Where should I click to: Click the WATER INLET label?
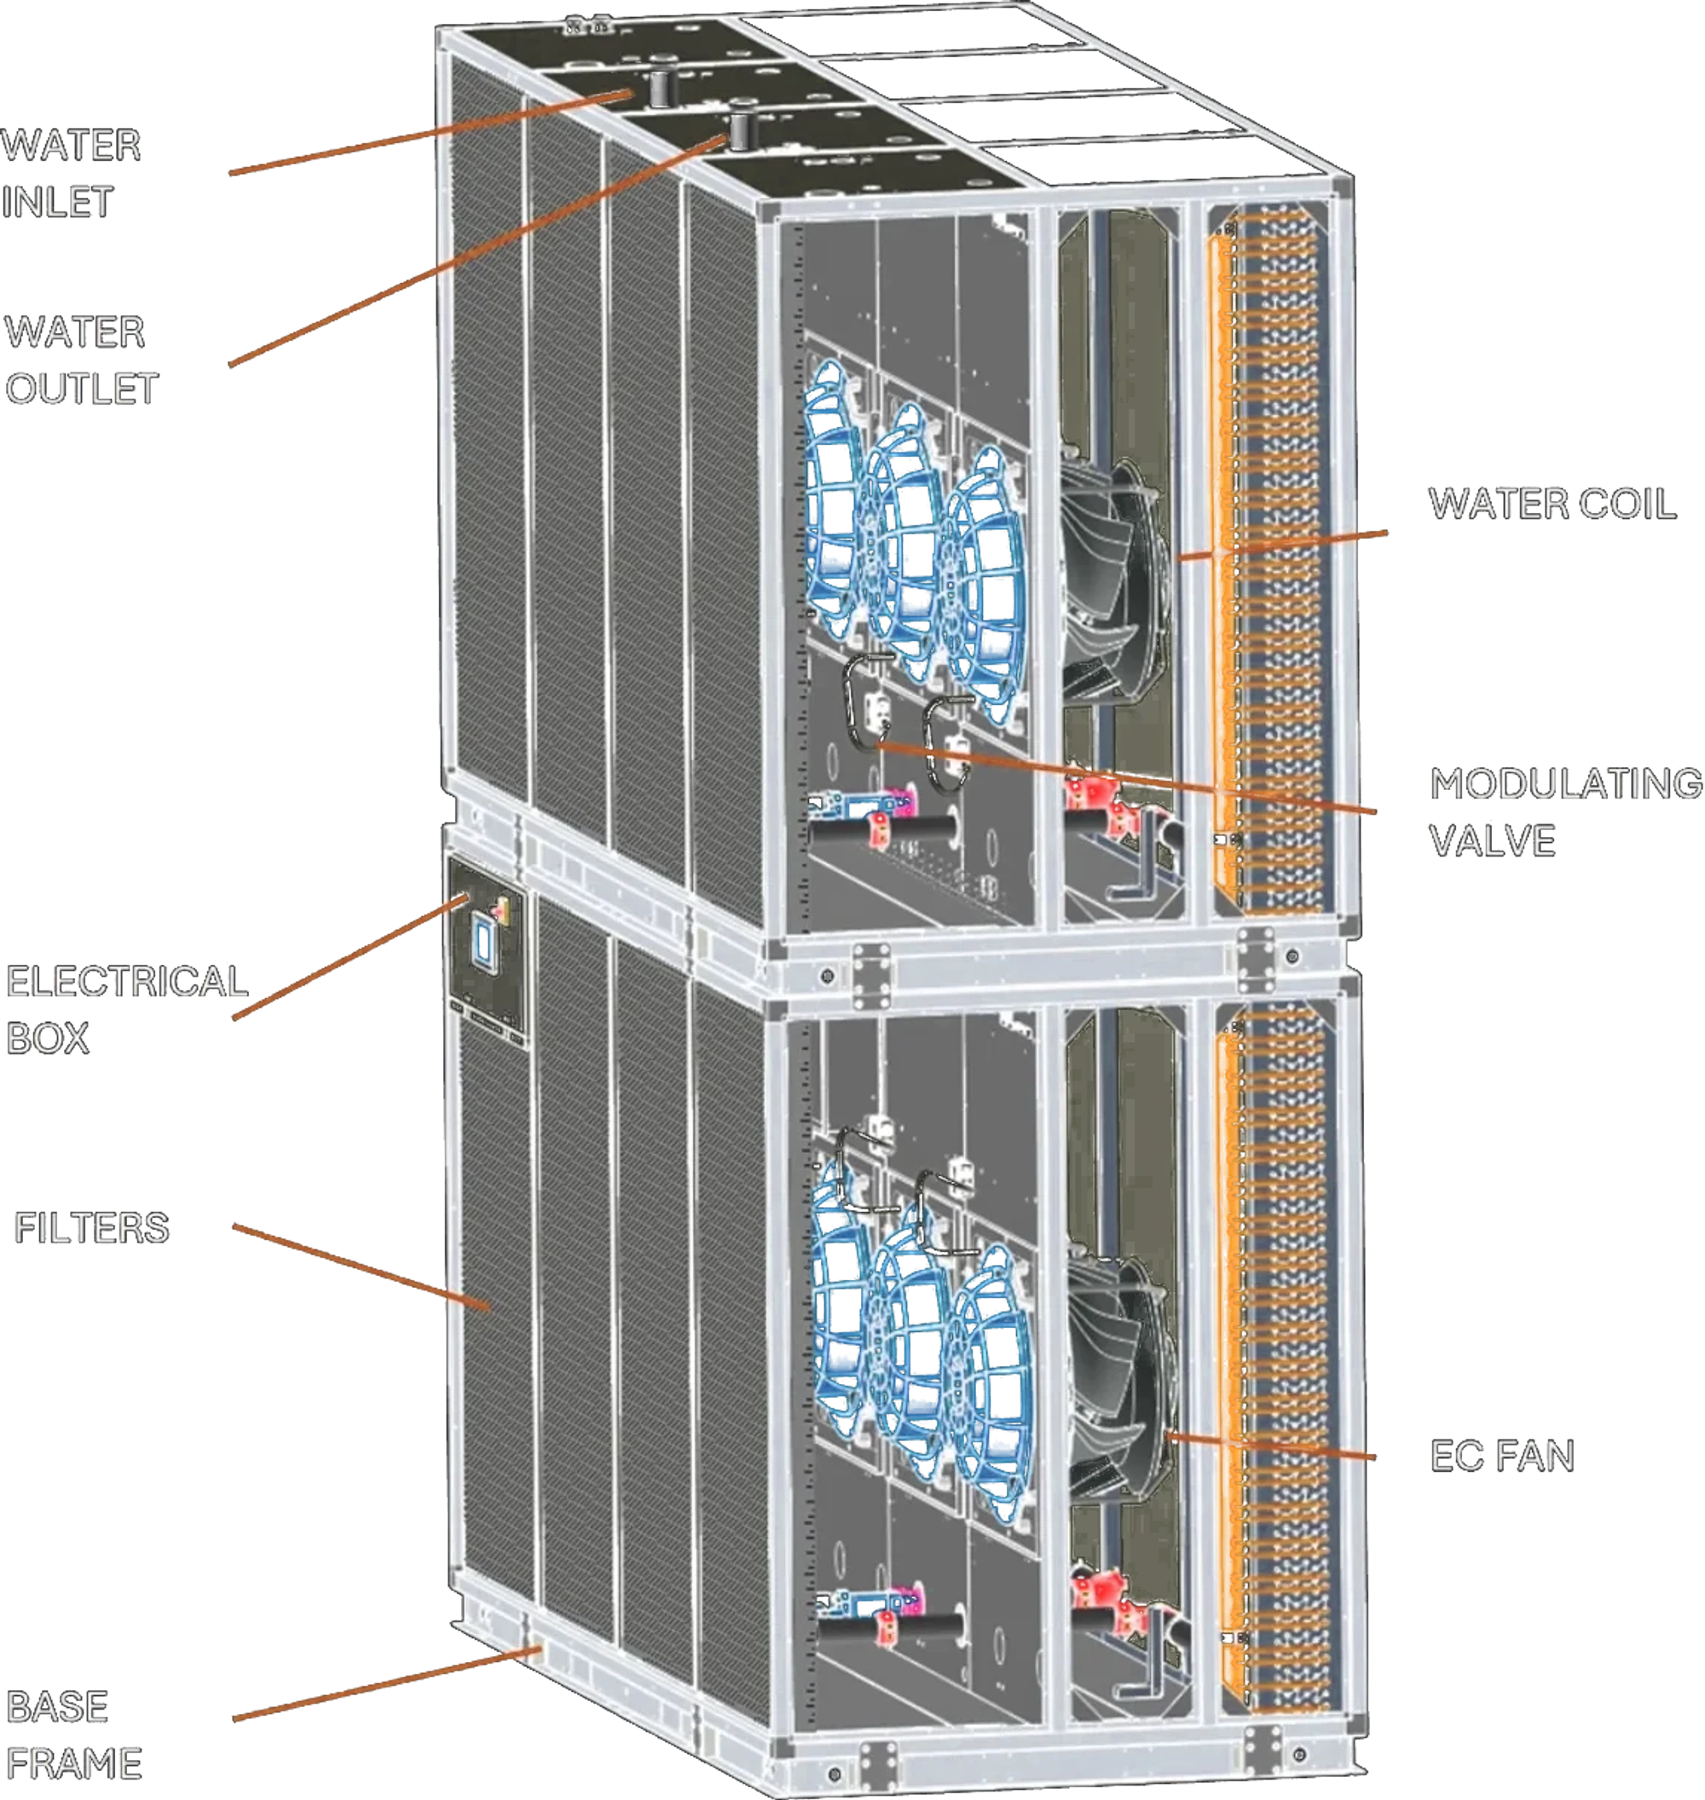[x=71, y=173]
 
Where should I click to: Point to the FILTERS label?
[x=92, y=1227]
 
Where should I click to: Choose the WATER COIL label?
[x=1552, y=504]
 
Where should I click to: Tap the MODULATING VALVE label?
[x=1566, y=811]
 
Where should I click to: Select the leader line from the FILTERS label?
[x=361, y=1267]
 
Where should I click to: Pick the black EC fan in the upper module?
[x=1116, y=581]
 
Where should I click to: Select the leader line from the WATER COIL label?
[x=1282, y=545]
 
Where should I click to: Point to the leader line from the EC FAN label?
[x=1270, y=1445]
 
